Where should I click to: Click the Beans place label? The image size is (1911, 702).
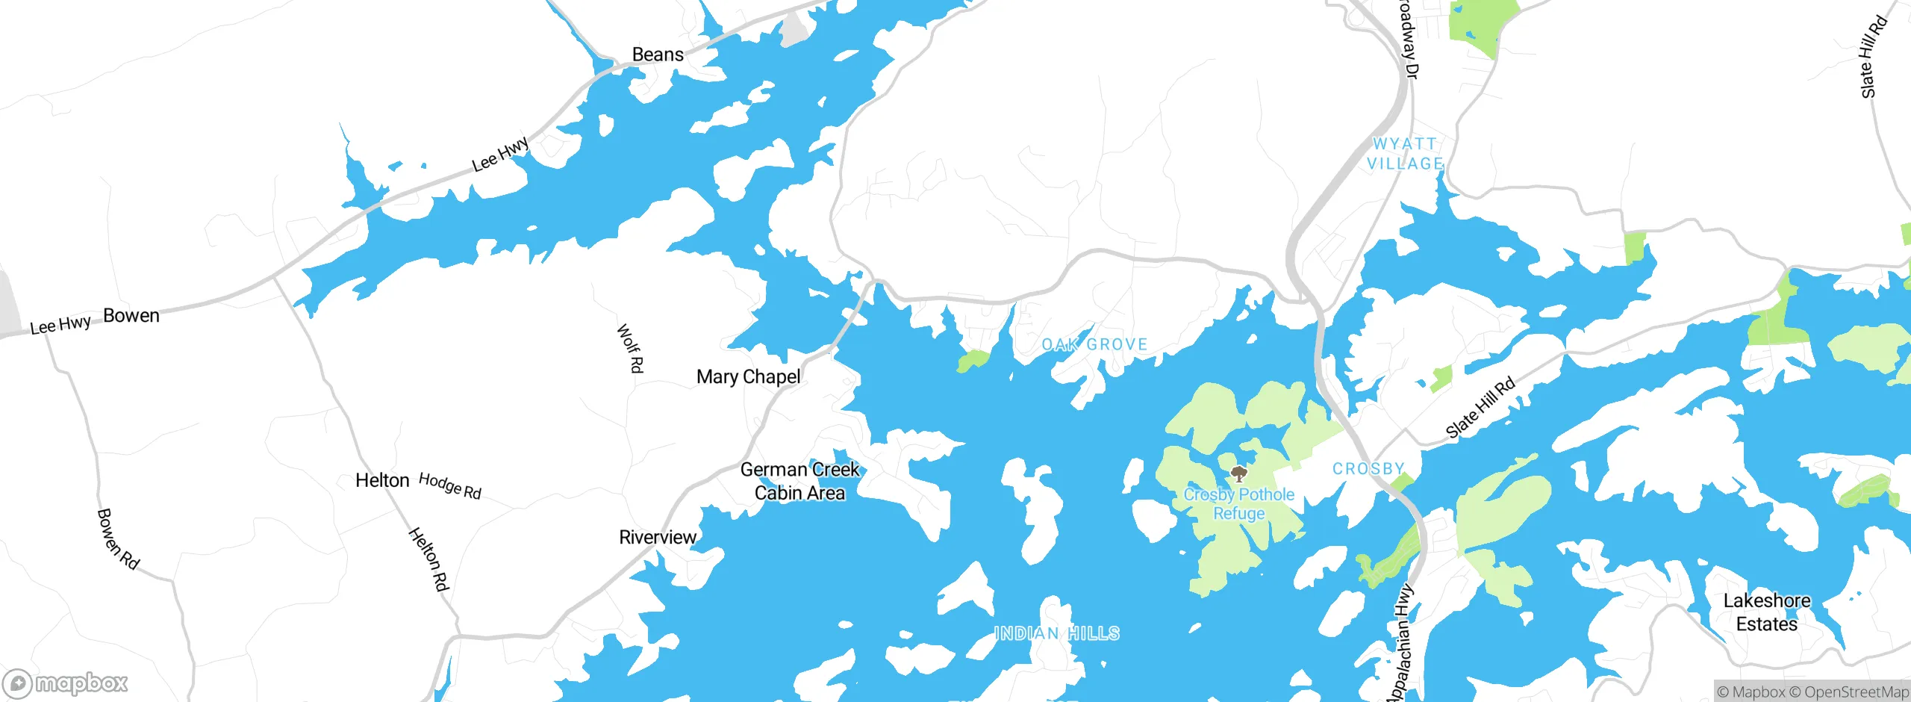coord(658,55)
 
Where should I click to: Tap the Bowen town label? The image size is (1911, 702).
coord(131,316)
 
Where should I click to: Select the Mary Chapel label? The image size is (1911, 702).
coord(748,377)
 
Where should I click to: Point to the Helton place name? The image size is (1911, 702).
coord(382,480)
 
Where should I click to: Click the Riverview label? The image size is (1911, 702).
coord(658,538)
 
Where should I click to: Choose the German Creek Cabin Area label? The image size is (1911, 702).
coord(799,481)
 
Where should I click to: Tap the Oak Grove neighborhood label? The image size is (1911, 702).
coord(1094,344)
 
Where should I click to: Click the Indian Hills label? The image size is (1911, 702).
coord(1057,634)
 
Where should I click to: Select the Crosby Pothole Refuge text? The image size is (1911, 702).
coord(1239,504)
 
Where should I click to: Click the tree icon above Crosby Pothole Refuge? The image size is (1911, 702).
coord(1239,473)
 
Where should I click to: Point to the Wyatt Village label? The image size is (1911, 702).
coord(1405,154)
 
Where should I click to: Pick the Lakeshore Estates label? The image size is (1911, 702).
coord(1767,612)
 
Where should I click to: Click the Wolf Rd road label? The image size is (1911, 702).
coord(630,348)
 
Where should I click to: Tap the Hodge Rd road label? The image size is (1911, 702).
coord(450,485)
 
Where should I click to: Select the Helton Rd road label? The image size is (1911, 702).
coord(428,559)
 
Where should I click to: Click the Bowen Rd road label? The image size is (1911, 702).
coord(118,539)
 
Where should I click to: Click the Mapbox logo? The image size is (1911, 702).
coord(66,683)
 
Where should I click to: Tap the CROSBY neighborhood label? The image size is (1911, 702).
coord(1368,469)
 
